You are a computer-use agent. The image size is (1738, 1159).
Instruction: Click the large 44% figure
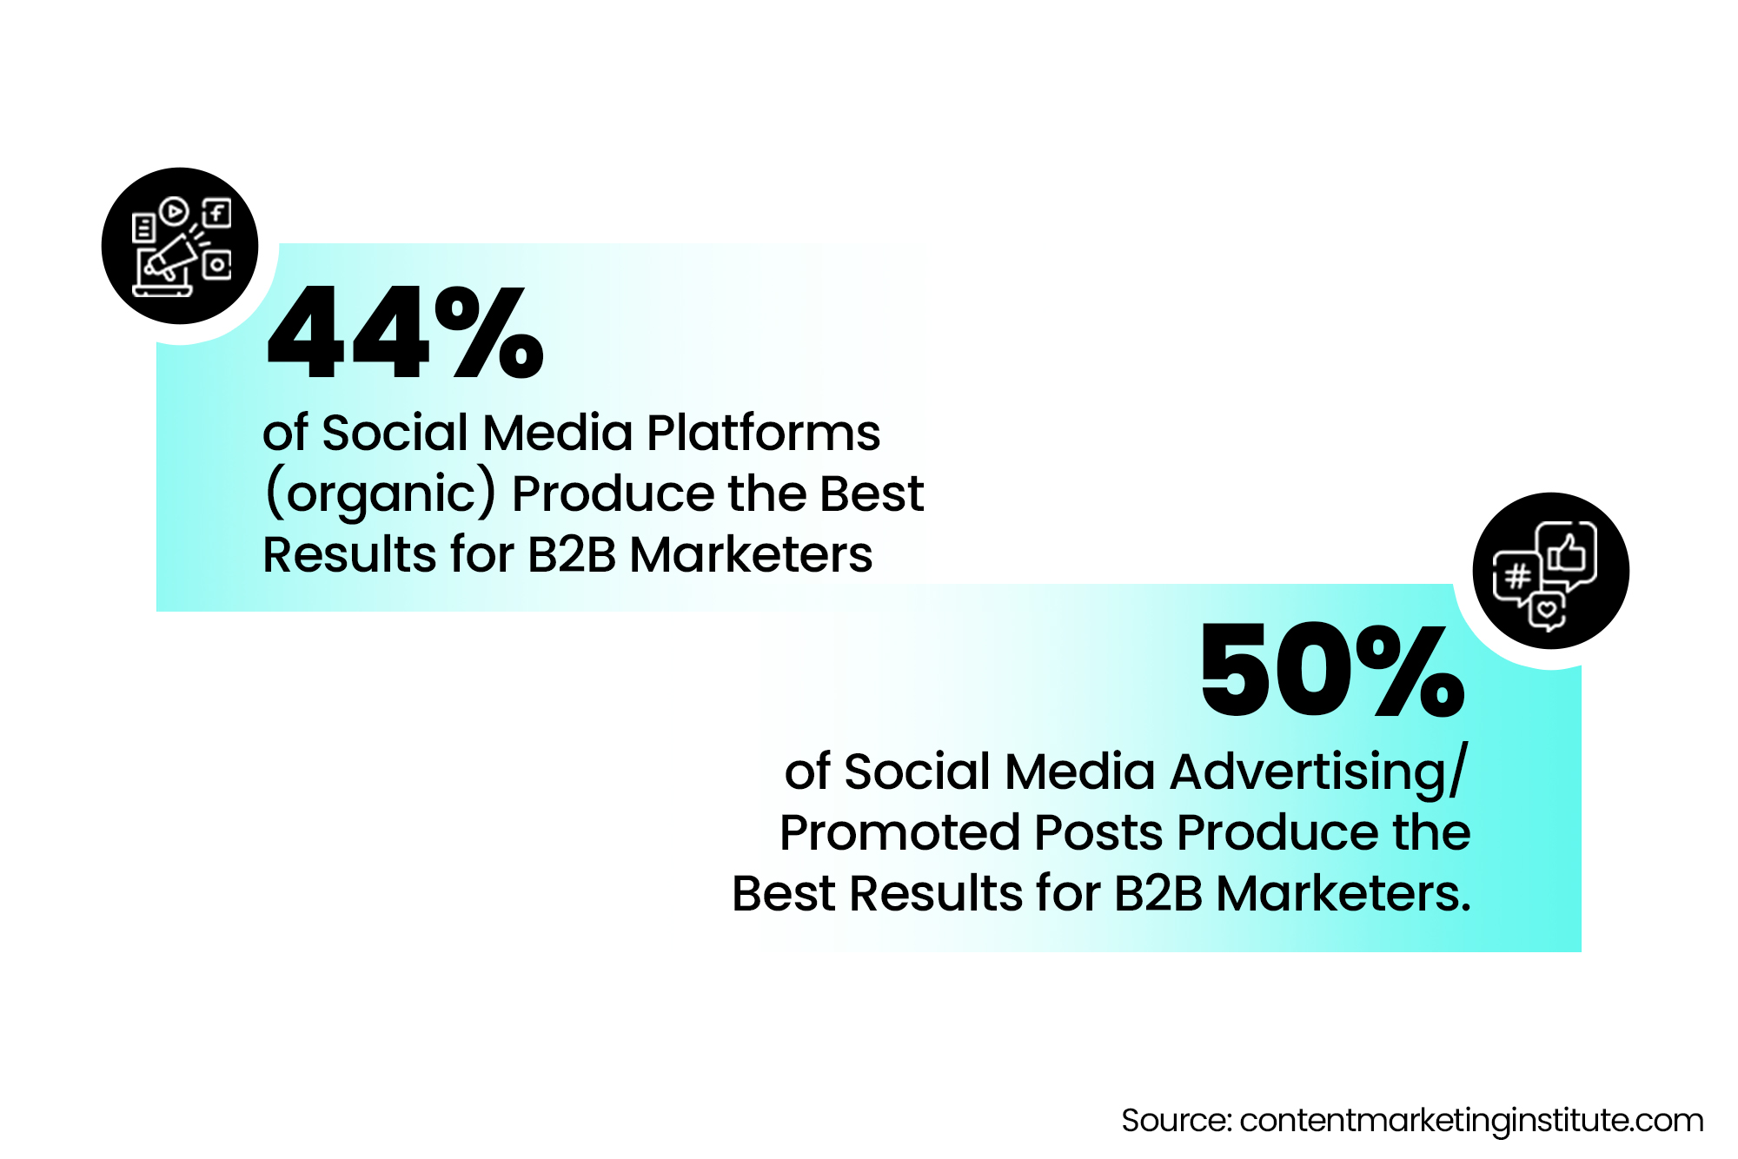[x=404, y=334]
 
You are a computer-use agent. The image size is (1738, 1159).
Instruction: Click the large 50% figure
[x=1332, y=671]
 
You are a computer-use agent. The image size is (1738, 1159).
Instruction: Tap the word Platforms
[x=763, y=433]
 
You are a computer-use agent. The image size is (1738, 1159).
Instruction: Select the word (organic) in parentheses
[x=381, y=493]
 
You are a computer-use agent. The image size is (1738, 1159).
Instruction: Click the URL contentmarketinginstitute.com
[x=1471, y=1120]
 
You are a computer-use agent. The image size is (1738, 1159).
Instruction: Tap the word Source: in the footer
[x=1176, y=1120]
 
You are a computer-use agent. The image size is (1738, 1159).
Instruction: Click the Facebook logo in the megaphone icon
[x=216, y=213]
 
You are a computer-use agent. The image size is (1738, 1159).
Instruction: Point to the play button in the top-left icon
[x=174, y=210]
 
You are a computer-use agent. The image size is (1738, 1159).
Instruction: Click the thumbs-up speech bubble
[x=1567, y=554]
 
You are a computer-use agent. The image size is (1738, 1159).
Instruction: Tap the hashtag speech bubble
[x=1516, y=576]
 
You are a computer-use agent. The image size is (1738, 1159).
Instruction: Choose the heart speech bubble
[x=1547, y=610]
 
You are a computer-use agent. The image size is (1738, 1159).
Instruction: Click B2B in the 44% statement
[x=572, y=554]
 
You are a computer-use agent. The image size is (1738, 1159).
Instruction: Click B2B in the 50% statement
[x=1158, y=893]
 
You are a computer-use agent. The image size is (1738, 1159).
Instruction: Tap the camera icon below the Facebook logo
[x=217, y=265]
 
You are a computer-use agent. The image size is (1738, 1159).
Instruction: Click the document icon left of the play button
[x=143, y=228]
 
